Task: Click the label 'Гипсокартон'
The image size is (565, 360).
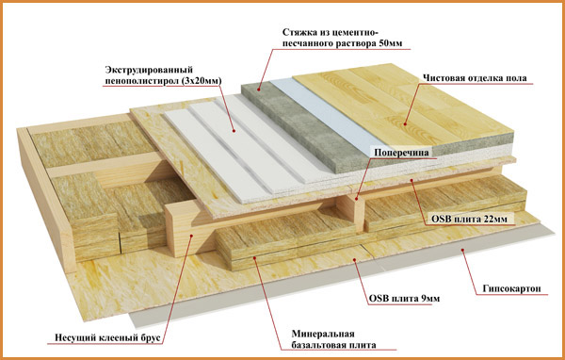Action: click(x=511, y=289)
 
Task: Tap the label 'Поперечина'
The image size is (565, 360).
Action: click(x=401, y=153)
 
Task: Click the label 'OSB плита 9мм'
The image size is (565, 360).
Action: click(x=404, y=299)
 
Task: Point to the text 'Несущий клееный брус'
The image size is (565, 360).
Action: click(x=107, y=338)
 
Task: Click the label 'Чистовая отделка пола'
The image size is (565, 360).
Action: click(x=475, y=78)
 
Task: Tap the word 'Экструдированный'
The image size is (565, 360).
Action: click(x=149, y=69)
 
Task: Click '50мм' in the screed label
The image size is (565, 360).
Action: click(x=391, y=43)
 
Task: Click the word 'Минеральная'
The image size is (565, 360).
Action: click(x=323, y=334)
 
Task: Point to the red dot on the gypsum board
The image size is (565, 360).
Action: click(x=462, y=249)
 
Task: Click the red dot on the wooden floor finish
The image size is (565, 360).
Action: click(x=405, y=124)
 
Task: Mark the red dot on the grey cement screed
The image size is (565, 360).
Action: click(x=259, y=89)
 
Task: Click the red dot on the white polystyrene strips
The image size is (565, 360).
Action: click(x=234, y=131)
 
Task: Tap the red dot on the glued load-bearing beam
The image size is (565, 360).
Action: click(x=191, y=236)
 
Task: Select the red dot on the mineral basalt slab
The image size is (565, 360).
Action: click(x=255, y=257)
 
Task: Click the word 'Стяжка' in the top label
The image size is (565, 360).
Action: click(x=298, y=32)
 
